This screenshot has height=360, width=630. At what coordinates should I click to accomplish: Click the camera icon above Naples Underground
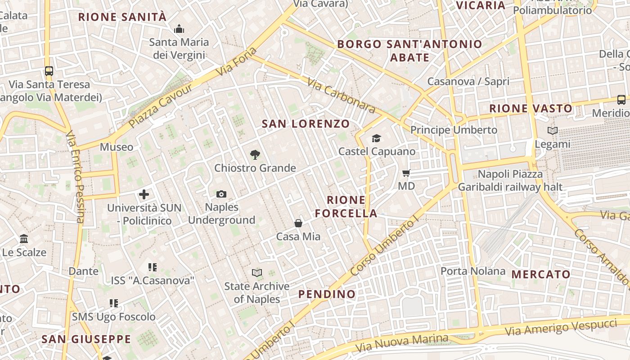coord(221,194)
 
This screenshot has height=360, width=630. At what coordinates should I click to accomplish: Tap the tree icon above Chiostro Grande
coord(255,155)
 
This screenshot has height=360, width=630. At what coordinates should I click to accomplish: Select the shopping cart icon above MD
coord(406,173)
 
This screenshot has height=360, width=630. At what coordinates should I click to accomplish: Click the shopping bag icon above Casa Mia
coord(298,223)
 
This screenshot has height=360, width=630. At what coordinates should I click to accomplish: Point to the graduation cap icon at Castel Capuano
coord(376,138)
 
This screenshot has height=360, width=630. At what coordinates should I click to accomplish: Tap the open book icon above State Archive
coord(257,273)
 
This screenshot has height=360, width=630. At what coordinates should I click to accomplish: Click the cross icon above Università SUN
coord(144,194)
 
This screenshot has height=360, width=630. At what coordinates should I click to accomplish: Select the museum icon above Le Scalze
coord(24,238)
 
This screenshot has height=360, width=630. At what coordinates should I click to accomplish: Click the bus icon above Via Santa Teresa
coord(49,71)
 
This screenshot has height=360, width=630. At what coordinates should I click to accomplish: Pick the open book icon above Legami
coord(553,131)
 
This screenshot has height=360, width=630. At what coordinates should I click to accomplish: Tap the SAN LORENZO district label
coord(306,124)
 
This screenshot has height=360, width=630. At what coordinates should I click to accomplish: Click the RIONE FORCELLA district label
coord(346,207)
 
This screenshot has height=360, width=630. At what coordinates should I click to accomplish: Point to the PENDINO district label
coord(327,294)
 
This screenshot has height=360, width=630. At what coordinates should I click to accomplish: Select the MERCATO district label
coord(541,274)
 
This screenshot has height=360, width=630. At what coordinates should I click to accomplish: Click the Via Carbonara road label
coord(342,95)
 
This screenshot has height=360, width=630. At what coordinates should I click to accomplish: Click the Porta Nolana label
coord(473,271)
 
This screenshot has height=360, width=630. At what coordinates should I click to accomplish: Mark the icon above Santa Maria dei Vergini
coord(179,29)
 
